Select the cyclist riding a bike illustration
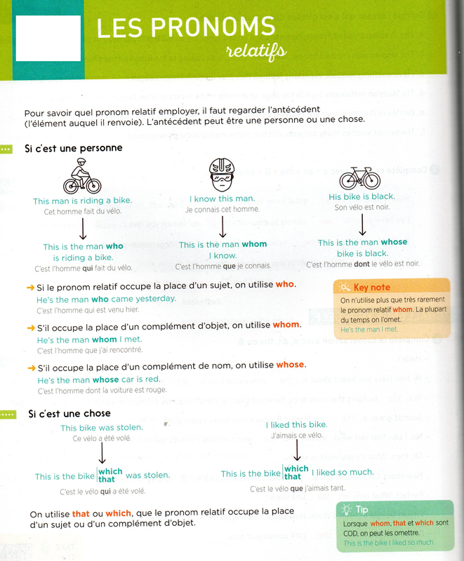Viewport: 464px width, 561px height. (x=81, y=176)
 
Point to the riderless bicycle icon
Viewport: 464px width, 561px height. (x=359, y=177)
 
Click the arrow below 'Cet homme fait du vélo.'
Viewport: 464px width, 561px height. (x=83, y=229)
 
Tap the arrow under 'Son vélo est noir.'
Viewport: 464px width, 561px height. (x=362, y=224)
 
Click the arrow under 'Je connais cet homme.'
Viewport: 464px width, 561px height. (x=222, y=226)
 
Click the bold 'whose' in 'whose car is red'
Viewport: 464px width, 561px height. (x=106, y=380)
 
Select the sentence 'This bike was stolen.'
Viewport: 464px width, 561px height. (x=101, y=427)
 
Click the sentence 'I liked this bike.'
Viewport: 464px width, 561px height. (x=296, y=425)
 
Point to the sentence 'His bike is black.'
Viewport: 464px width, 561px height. (x=362, y=196)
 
